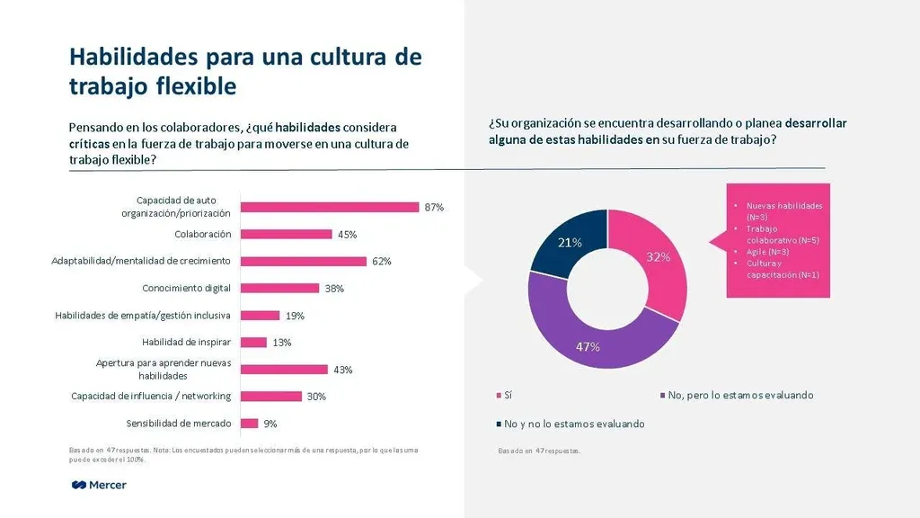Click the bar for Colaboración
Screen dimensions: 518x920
287,234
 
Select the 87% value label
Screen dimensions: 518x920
435,207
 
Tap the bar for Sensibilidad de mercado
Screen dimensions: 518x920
250,423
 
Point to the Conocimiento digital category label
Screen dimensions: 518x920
187,288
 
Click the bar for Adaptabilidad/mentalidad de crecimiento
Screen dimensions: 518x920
305,261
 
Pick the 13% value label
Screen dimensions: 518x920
283,342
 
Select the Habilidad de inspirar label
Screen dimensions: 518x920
187,342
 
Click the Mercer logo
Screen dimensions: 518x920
99,485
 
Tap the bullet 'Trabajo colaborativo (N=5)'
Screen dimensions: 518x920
783,235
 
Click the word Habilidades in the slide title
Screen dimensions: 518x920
135,57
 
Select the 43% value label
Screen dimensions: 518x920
342,370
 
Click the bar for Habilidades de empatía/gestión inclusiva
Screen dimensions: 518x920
261,315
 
